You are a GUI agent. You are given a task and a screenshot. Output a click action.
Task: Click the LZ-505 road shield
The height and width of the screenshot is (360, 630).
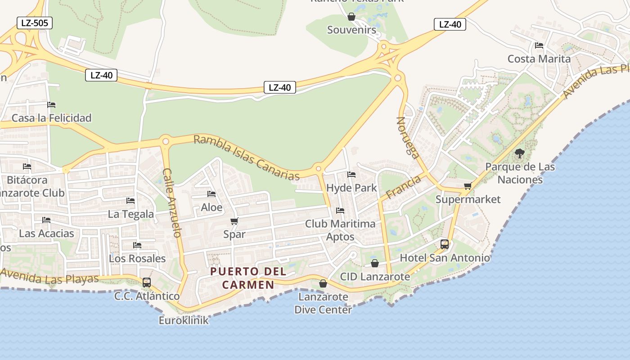[x=35, y=23]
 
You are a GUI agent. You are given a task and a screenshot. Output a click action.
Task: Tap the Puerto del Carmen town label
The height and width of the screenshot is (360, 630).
[x=248, y=278]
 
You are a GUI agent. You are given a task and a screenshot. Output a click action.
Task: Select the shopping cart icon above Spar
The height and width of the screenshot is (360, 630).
[x=234, y=221]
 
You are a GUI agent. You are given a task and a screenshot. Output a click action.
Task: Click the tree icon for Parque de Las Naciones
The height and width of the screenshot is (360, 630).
[x=520, y=153]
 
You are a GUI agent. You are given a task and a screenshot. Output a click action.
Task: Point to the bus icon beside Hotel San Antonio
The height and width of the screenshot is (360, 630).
[x=445, y=244]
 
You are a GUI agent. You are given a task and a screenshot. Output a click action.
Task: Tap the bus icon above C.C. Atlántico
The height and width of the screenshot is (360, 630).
[x=147, y=283]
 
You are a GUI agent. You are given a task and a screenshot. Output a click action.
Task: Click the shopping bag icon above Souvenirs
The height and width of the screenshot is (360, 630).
[x=351, y=17]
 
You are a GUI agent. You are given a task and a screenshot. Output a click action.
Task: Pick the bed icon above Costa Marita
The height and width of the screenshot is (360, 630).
[x=539, y=45]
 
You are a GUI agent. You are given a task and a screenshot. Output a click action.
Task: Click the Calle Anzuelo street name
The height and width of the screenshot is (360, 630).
[x=171, y=202]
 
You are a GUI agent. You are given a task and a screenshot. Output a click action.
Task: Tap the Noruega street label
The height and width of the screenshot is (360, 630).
[x=408, y=138]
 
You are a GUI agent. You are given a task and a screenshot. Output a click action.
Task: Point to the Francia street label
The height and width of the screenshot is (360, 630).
[x=403, y=187]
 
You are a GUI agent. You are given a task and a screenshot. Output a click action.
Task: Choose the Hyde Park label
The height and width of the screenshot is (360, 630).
[x=351, y=188]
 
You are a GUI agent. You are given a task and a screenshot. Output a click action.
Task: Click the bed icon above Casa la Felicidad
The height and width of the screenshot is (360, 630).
[x=51, y=105]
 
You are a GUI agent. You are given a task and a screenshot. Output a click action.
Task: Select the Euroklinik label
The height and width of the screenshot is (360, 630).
[x=184, y=320]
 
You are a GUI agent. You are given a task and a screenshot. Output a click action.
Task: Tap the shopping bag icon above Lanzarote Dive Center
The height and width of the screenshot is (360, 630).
[x=323, y=283]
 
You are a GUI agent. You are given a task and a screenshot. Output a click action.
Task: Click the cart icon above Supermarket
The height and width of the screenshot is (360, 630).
[x=468, y=186]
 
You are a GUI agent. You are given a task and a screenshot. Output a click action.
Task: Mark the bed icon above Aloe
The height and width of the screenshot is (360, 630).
[x=211, y=194]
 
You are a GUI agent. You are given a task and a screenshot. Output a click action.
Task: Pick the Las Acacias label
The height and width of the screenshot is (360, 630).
[x=46, y=233]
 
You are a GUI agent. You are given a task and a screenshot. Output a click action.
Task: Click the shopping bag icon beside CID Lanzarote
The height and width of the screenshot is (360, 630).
[x=374, y=263]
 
